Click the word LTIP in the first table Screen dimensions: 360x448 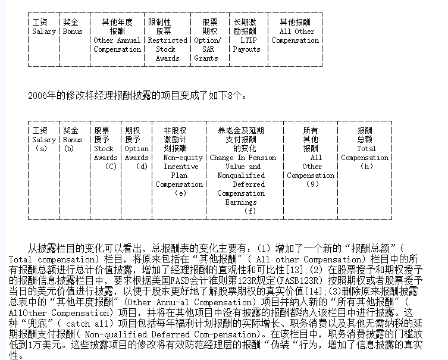point(247,40)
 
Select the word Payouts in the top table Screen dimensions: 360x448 point(247,49)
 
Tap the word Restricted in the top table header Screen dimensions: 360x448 point(168,40)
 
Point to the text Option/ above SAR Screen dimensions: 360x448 point(207,40)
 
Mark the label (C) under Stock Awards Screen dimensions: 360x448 point(110,167)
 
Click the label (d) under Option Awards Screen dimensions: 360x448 point(141,167)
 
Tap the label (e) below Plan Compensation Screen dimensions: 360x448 point(179,193)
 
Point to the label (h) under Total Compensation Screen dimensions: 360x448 point(366,167)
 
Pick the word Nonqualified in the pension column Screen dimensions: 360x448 point(241,176)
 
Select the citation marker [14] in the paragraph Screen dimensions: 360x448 point(316,290)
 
